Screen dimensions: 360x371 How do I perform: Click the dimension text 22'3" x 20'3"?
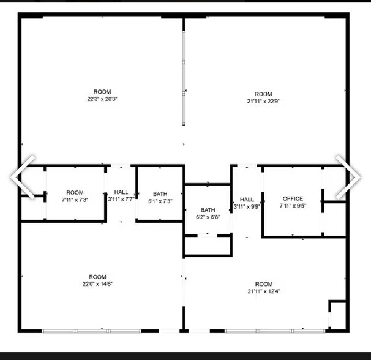click(102, 99)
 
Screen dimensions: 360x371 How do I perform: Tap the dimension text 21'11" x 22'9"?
click(263, 102)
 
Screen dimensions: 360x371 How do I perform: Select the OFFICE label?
click(293, 198)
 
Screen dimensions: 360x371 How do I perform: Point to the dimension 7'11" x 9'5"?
click(293, 206)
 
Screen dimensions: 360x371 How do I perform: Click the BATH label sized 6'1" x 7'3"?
click(160, 193)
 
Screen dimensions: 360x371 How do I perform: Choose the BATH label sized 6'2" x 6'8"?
click(208, 209)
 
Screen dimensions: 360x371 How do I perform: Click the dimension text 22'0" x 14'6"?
click(97, 283)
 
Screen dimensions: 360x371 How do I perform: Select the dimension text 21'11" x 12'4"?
click(263, 291)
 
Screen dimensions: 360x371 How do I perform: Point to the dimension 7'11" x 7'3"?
click(75, 200)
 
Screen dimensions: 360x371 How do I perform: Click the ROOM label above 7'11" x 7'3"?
click(75, 193)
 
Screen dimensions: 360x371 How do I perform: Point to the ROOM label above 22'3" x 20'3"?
click(102, 92)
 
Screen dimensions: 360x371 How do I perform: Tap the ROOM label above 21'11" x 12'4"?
click(263, 284)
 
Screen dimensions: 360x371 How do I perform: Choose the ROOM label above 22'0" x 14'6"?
click(97, 277)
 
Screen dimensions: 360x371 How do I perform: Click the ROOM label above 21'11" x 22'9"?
click(263, 94)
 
